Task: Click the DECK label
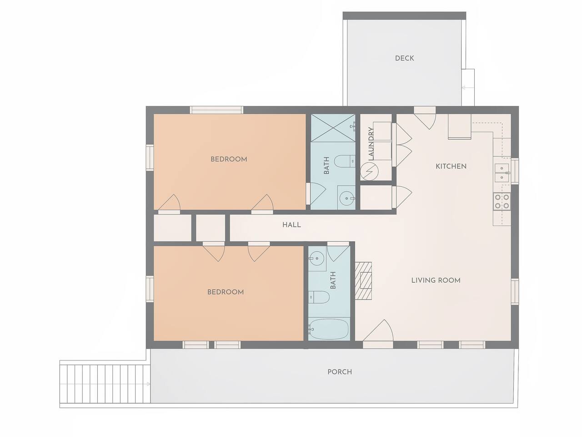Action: (404, 58)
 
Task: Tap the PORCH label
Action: (340, 372)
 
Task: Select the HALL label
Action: (291, 225)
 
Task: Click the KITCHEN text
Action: (451, 166)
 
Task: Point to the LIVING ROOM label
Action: (436, 280)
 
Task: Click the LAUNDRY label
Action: (371, 143)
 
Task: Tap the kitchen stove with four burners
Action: (502, 202)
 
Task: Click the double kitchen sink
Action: (502, 173)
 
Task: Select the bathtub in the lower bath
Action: (329, 329)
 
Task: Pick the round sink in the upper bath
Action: (346, 198)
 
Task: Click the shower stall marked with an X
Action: (333, 128)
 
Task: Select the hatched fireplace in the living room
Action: (363, 281)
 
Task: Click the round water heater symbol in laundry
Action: (369, 172)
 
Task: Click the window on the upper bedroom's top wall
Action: (217, 110)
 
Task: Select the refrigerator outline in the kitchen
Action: (460, 126)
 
